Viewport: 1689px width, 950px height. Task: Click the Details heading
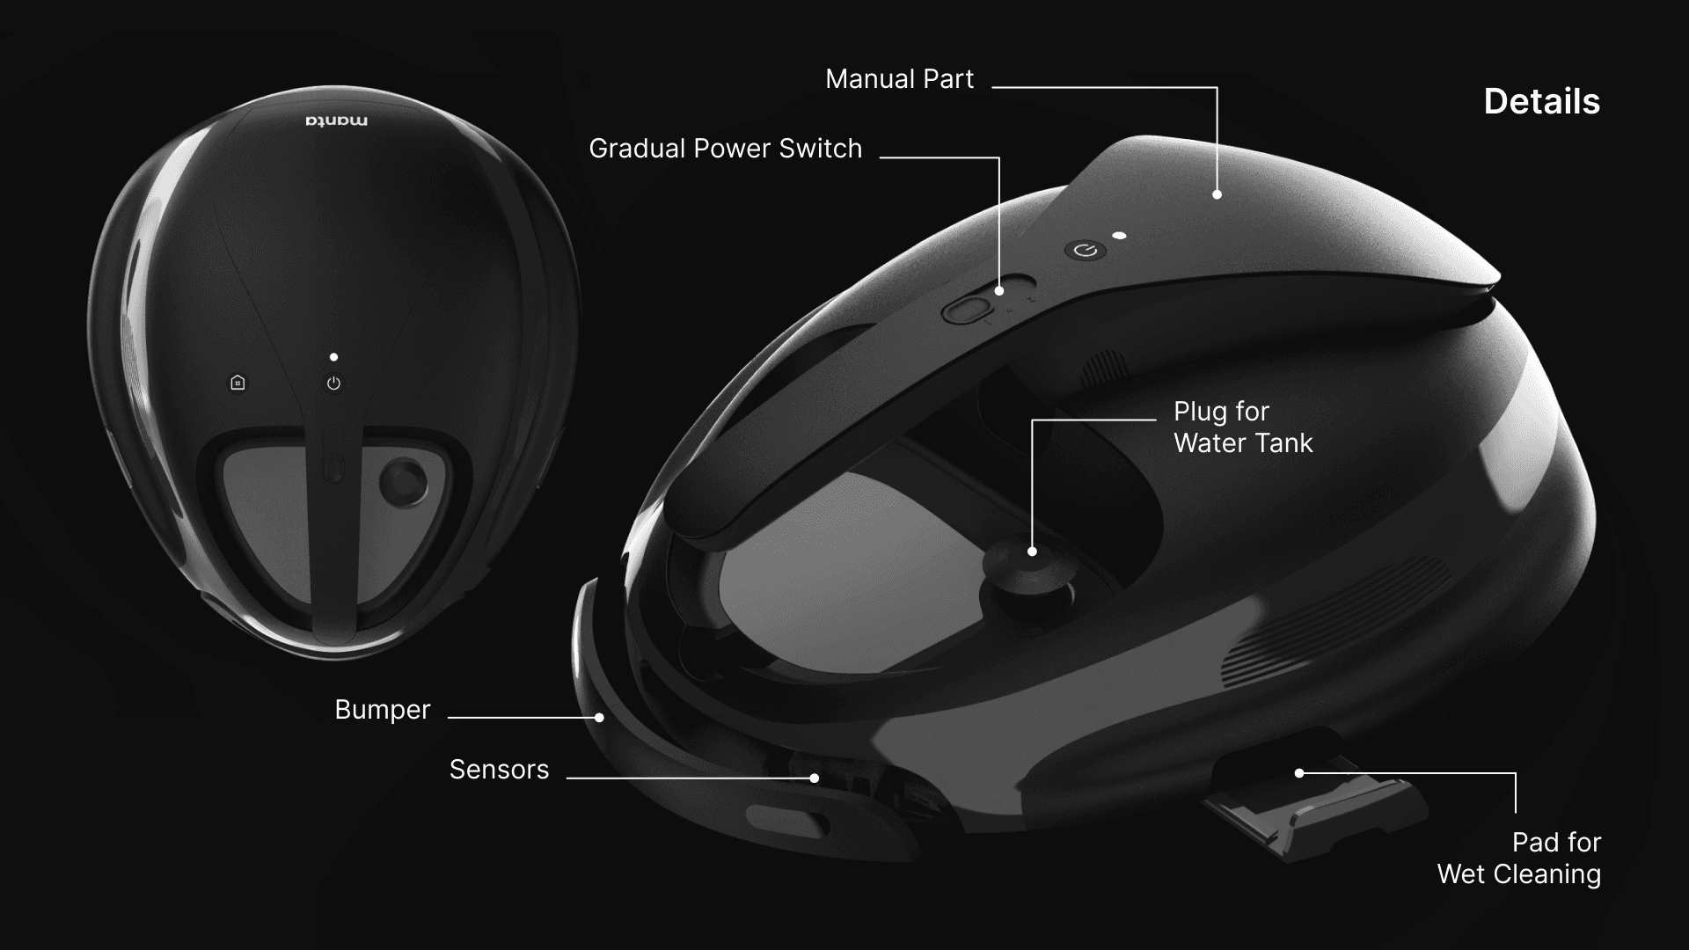tap(1541, 102)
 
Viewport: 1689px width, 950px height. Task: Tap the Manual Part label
tap(899, 79)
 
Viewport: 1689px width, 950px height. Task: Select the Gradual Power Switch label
tap(725, 149)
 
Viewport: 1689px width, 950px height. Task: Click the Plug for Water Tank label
tap(1242, 427)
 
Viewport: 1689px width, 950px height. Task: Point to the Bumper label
tap(382, 710)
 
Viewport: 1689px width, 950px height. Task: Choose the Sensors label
tap(499, 770)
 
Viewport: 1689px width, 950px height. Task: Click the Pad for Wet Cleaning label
tap(1519, 858)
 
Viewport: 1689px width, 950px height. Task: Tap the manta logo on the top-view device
tap(337, 121)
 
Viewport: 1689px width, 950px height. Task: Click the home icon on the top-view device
tap(238, 383)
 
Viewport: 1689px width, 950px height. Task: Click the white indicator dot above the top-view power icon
tap(333, 357)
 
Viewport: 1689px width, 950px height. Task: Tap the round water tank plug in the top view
tap(403, 483)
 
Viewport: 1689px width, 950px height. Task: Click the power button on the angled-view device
tap(1086, 251)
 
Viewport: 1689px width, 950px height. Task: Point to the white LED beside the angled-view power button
tap(1119, 236)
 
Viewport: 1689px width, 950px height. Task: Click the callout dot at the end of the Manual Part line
tap(1217, 194)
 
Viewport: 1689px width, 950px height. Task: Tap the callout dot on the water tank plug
tap(1032, 552)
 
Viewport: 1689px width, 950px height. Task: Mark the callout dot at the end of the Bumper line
tap(599, 717)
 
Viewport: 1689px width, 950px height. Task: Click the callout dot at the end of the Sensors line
tap(815, 778)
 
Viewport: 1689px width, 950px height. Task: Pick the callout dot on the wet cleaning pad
tap(1299, 773)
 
